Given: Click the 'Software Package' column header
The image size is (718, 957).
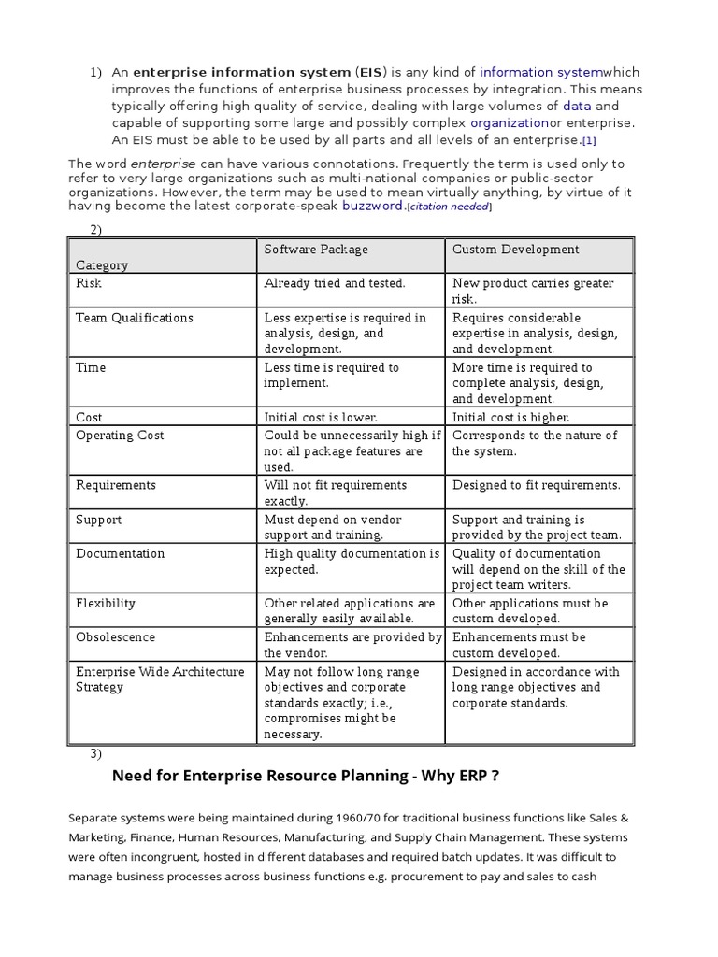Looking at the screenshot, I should click(x=316, y=250).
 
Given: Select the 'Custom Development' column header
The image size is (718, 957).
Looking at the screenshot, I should click(x=515, y=250).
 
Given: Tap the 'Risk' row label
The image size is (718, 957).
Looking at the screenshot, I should click(x=89, y=283).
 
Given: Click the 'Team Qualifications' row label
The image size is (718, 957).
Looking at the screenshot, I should click(x=135, y=318).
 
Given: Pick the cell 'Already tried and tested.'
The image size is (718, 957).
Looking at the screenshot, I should click(x=335, y=283).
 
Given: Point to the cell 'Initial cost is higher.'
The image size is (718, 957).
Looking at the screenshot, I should click(x=510, y=418).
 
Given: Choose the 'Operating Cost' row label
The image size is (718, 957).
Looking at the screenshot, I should click(x=120, y=436).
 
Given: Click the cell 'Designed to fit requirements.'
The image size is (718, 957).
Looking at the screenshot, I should click(x=536, y=485).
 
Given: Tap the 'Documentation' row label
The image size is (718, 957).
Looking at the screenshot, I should click(x=120, y=553).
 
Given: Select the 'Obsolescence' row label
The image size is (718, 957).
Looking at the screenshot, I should click(x=115, y=637).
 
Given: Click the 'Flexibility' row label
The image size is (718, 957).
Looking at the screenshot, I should click(x=106, y=604).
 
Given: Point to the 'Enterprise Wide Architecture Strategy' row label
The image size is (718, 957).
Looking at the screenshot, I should click(x=159, y=679).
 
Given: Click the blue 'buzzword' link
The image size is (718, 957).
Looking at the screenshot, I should click(x=373, y=206).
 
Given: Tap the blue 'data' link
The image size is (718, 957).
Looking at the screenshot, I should click(x=577, y=106).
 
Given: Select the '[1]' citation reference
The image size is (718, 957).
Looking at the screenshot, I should click(x=588, y=141).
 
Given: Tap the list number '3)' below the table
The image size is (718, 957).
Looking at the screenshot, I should click(x=95, y=753).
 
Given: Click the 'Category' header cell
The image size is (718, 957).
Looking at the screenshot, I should click(x=102, y=265).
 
